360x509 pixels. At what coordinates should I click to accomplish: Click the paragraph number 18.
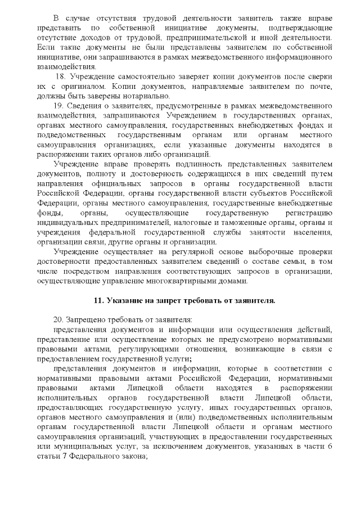coord(60,76)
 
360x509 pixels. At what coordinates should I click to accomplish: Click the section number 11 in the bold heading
coord(97,300)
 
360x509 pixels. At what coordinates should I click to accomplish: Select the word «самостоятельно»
coord(135,76)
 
